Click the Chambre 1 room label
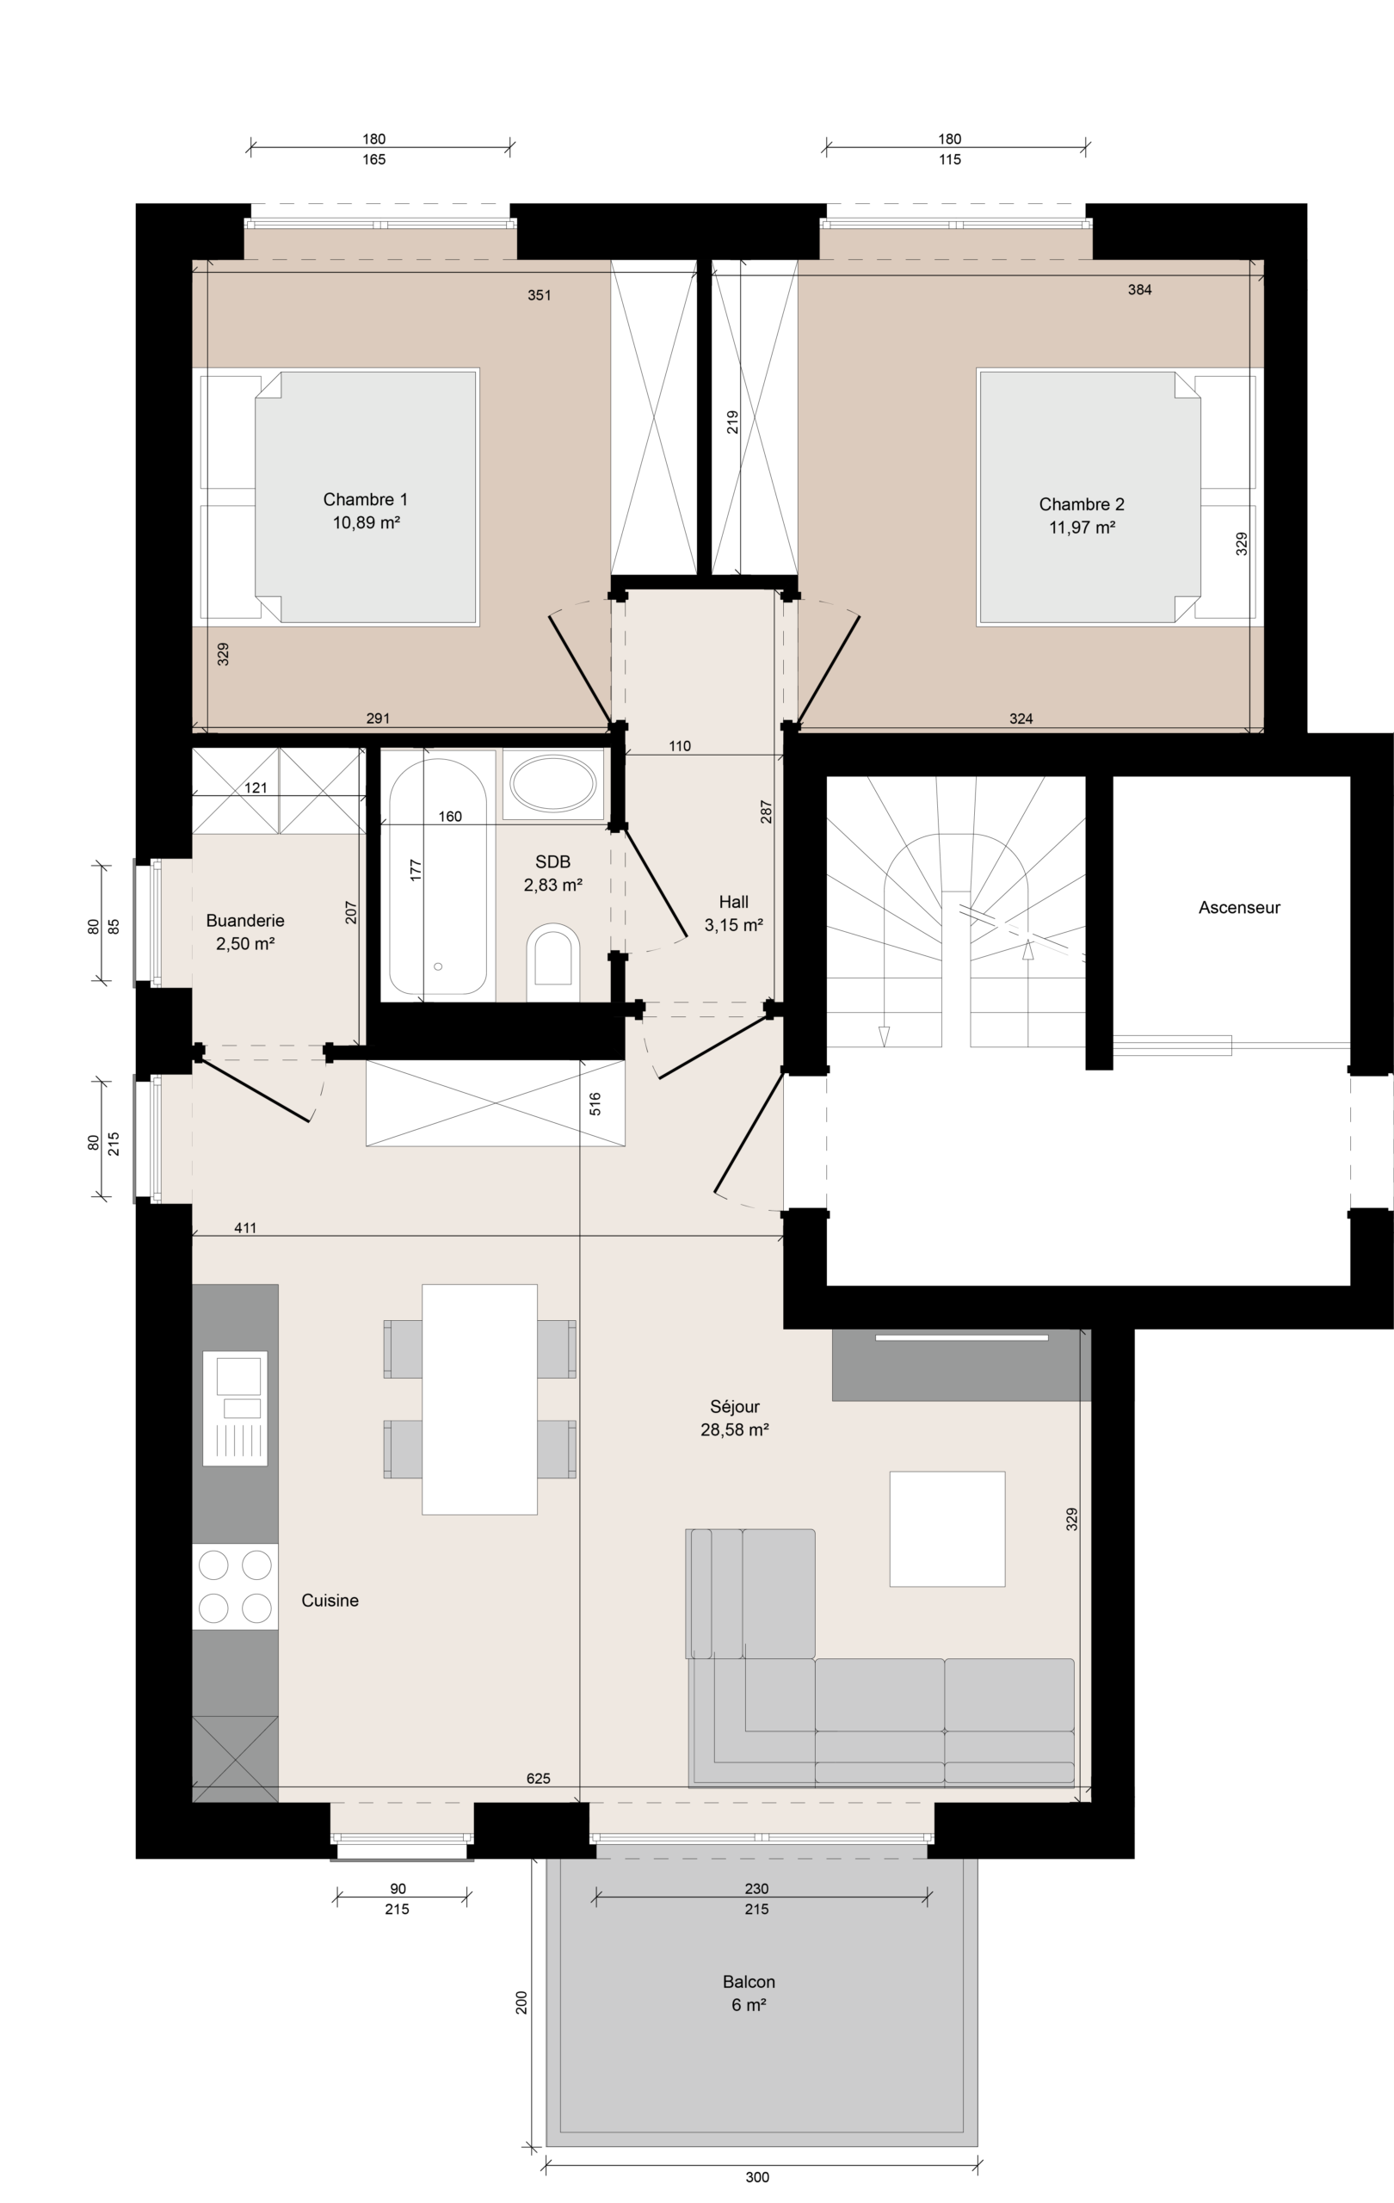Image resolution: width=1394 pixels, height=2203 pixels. click(x=365, y=499)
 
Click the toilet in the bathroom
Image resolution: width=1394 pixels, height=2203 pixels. click(x=553, y=961)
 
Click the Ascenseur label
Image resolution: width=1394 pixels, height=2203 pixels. click(x=1238, y=908)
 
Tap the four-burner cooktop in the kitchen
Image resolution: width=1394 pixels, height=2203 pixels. click(x=235, y=1586)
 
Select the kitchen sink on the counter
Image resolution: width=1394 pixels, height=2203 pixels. click(x=235, y=1408)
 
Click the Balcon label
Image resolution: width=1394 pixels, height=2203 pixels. click(x=749, y=1982)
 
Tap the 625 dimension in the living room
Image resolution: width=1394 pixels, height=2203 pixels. click(x=539, y=1779)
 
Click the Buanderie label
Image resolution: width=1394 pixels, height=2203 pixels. click(x=245, y=921)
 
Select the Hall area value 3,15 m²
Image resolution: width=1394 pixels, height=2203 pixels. click(x=734, y=925)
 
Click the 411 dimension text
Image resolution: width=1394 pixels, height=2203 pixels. click(x=245, y=1228)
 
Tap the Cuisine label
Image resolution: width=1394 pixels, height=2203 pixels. click(x=330, y=1600)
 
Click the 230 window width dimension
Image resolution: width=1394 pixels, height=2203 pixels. click(x=756, y=1888)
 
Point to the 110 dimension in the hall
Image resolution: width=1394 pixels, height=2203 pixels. click(x=680, y=745)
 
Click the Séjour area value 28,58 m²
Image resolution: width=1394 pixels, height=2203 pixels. click(x=735, y=1430)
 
